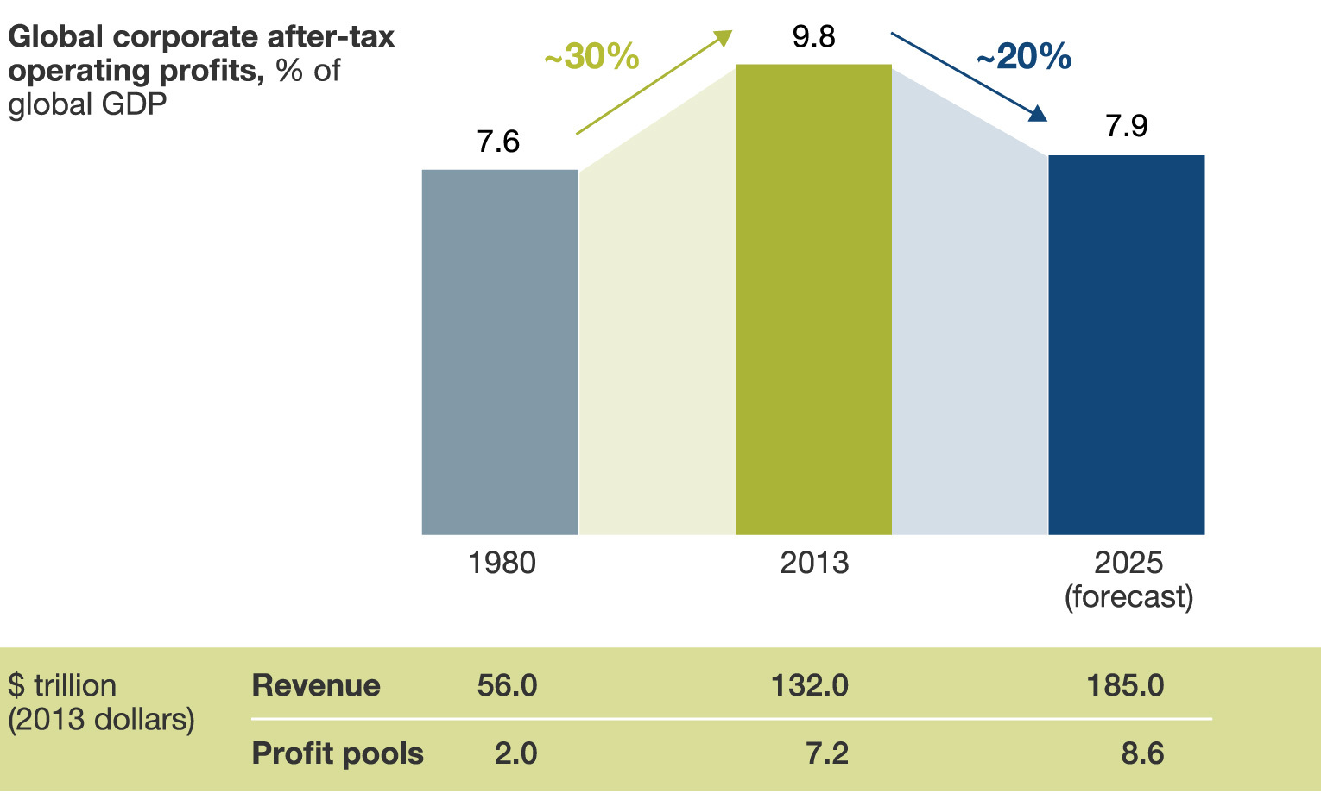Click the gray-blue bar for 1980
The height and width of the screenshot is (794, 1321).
point(500,352)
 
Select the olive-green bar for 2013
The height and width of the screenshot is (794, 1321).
point(813,299)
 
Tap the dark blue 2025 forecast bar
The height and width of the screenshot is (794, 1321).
point(1126,345)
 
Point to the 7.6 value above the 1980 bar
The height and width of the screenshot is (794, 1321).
point(499,142)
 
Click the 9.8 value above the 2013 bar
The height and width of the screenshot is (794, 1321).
point(813,36)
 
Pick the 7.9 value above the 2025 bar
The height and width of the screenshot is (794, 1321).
point(1127,126)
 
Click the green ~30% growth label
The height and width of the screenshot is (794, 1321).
point(591,57)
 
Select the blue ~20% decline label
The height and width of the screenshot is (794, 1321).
point(1024,57)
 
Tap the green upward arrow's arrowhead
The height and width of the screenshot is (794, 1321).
point(723,37)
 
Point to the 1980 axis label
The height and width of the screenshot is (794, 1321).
point(502,564)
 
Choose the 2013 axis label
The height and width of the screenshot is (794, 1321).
point(814,564)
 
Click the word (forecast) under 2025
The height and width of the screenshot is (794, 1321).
point(1128,596)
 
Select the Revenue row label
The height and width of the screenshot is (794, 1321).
point(316,685)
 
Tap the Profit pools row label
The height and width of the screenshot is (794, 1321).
point(338,753)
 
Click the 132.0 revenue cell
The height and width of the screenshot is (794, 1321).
point(809,685)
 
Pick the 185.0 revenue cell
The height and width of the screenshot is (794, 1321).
point(1125,685)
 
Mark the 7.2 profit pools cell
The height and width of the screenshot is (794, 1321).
point(827,753)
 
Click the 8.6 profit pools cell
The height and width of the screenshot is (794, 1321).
point(1142,753)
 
